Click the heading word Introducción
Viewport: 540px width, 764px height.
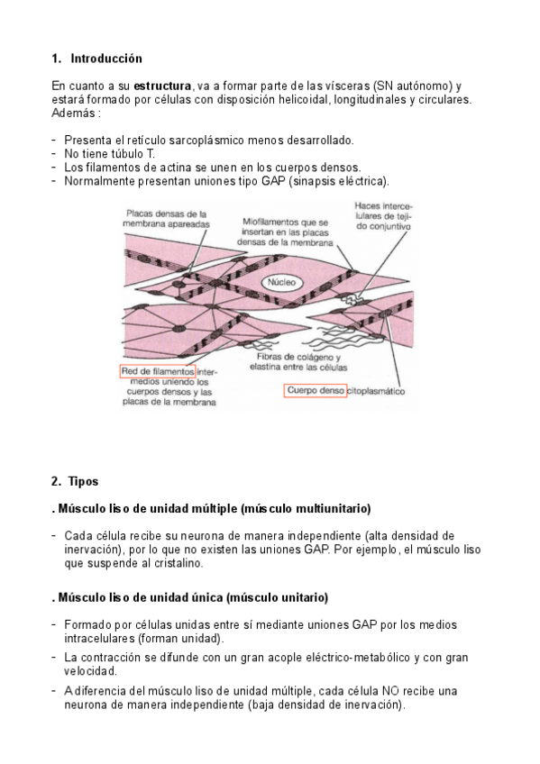point(106,59)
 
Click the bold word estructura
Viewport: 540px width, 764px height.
point(162,86)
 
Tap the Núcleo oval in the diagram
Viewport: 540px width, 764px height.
point(281,282)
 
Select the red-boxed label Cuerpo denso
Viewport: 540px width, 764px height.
point(316,391)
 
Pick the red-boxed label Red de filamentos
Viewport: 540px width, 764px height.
point(158,371)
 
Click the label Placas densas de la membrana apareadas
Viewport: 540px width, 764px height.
point(166,219)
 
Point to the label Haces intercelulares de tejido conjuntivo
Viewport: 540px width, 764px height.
point(383,216)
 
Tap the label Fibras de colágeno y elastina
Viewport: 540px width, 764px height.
point(298,362)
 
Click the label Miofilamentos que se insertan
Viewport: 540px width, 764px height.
point(285,232)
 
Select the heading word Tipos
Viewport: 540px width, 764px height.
point(83,481)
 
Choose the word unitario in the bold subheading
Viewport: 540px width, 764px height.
point(302,597)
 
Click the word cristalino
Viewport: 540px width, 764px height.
point(177,563)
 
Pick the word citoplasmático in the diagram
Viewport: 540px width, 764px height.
point(376,391)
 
